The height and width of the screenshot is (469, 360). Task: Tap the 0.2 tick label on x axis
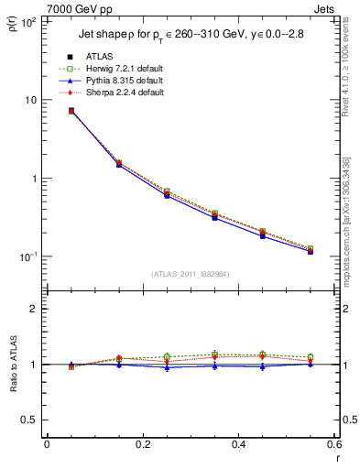(x=142, y=444)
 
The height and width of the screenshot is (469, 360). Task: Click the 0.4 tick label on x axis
(x=238, y=444)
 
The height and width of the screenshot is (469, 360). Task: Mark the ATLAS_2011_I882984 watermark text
(x=190, y=273)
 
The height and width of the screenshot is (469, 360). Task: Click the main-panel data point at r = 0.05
(x=71, y=111)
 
